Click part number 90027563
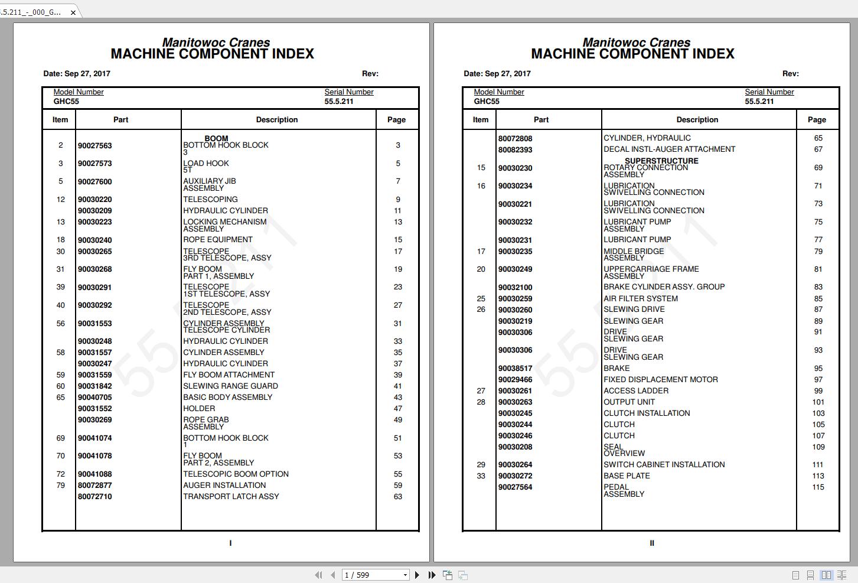point(94,146)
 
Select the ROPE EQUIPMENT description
point(217,240)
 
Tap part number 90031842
point(94,386)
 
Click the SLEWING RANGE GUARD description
point(230,386)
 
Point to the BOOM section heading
point(216,138)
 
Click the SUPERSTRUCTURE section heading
point(661,161)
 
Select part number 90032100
point(515,288)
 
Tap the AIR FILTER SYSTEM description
point(640,299)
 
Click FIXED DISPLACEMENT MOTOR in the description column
point(660,380)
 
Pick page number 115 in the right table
point(818,487)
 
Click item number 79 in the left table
point(60,486)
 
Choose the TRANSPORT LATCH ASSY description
point(231,497)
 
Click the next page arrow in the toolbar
point(417,575)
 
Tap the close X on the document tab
point(73,12)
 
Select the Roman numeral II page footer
point(652,543)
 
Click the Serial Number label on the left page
point(348,92)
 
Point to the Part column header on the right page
point(541,120)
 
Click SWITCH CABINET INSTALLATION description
point(664,465)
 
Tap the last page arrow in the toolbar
point(432,575)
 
